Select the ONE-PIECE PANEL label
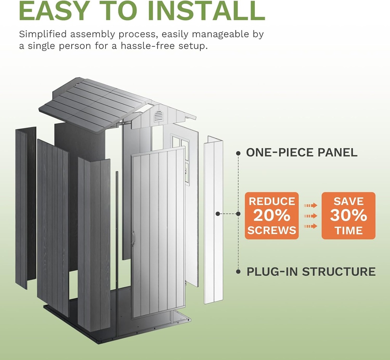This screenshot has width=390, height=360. point(302,153)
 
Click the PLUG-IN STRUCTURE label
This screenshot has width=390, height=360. point(311,272)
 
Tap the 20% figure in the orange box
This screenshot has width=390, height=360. point(272,216)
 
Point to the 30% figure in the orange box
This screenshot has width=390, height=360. point(348,216)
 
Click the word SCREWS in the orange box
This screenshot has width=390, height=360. point(272,230)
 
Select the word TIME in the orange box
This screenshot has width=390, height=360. point(348,230)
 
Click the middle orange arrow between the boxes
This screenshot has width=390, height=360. point(310,216)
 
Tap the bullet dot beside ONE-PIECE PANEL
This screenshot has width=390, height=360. point(238,153)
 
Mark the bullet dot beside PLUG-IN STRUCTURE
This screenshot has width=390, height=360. point(238,272)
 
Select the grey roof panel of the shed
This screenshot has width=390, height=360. point(91,105)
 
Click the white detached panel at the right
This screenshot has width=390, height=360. point(213,221)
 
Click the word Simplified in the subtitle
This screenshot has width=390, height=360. point(43,34)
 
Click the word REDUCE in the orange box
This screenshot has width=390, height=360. point(272,201)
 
